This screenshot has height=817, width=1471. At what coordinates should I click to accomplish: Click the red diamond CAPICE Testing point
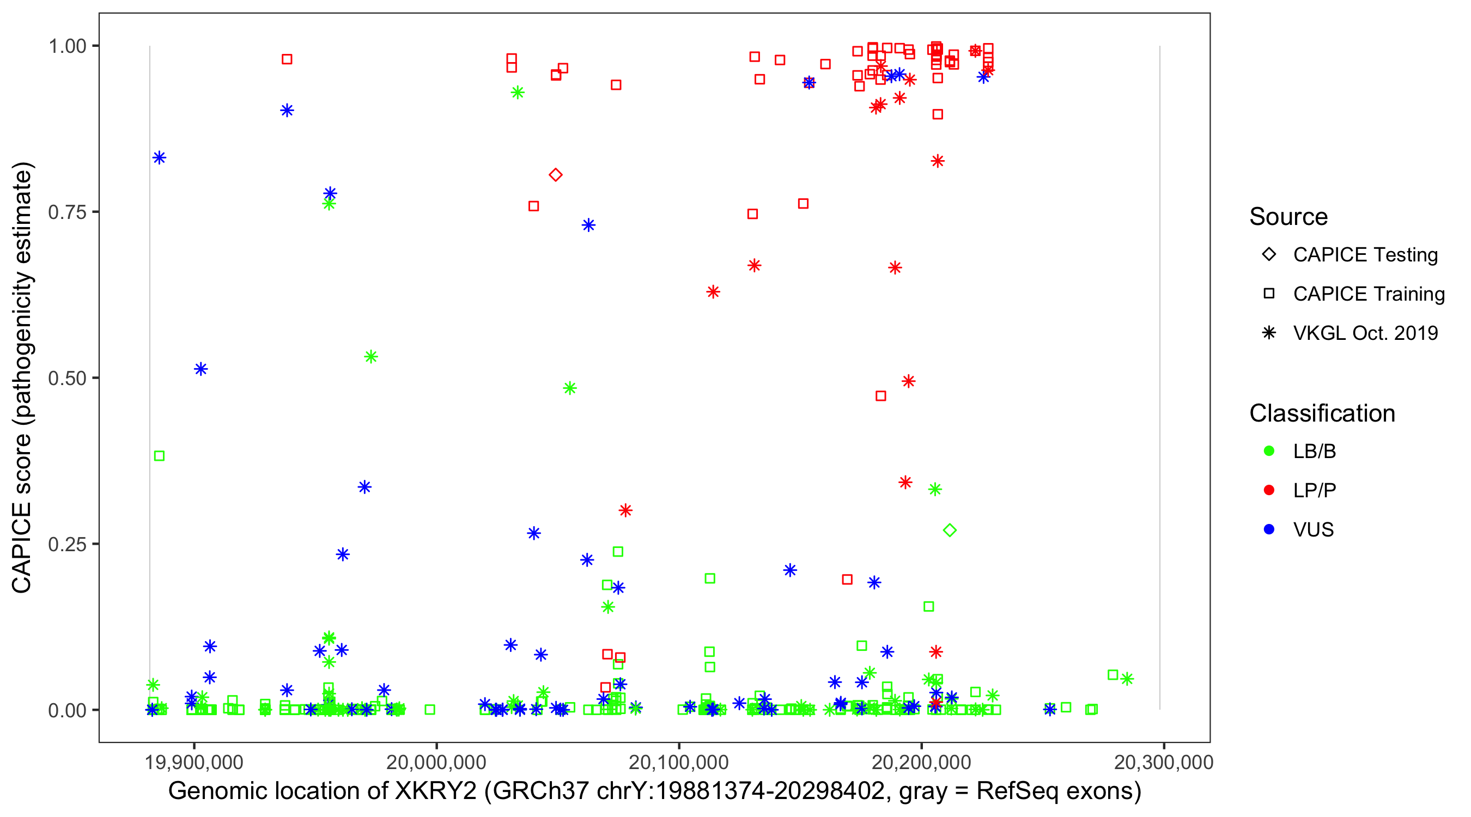(x=556, y=175)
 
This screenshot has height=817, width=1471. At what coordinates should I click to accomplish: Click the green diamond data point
(x=950, y=531)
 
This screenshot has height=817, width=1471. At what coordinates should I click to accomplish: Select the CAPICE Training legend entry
(x=1368, y=294)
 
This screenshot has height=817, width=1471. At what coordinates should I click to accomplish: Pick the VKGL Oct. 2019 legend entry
(x=1365, y=333)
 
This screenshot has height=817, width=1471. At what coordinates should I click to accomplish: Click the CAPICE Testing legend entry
(x=1365, y=255)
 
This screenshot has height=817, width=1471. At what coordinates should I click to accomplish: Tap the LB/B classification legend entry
(x=1314, y=451)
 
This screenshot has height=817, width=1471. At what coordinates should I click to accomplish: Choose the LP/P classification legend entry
(x=1314, y=490)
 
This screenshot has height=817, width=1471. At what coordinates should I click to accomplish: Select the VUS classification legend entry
(x=1313, y=529)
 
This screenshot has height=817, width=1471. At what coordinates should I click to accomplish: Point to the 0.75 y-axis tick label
(x=67, y=212)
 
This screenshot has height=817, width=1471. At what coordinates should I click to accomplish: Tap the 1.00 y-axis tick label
(x=67, y=46)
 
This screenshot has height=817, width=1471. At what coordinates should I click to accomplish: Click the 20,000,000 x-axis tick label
(x=436, y=761)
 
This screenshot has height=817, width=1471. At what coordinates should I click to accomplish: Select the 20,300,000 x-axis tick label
(x=1163, y=761)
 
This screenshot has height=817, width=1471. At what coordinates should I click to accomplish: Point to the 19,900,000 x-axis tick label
(x=194, y=761)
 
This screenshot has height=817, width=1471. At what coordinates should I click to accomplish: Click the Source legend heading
(x=1288, y=217)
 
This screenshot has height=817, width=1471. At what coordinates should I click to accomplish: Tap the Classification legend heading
(x=1322, y=413)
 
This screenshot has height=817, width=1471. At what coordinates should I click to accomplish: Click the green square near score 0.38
(x=159, y=455)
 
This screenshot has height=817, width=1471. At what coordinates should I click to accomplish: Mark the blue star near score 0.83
(x=159, y=157)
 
